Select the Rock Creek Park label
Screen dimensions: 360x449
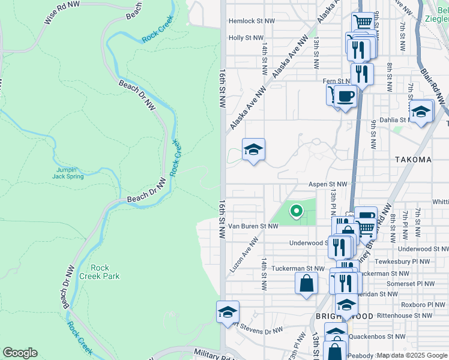pos(104,272)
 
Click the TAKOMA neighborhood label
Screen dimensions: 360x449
pos(414,160)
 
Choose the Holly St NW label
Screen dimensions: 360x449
pos(246,38)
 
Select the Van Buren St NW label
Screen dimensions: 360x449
pos(256,226)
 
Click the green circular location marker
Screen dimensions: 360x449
pos(295,211)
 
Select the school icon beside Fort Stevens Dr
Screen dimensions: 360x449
pos(228,312)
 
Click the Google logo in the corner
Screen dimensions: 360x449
pos(20,353)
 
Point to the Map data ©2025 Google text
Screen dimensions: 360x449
pos(412,356)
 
